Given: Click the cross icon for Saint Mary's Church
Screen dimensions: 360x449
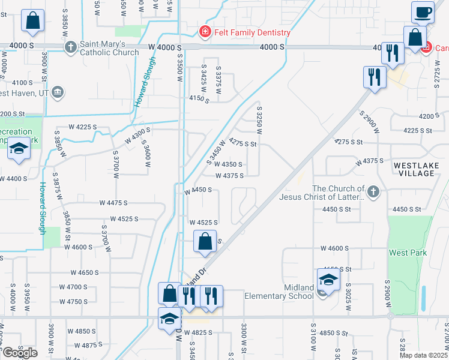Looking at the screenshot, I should click(x=70, y=46).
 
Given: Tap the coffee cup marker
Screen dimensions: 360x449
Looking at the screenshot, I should click(x=423, y=12).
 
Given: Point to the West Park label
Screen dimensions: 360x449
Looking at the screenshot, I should click(x=408, y=253).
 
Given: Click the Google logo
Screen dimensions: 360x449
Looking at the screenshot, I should click(x=20, y=352).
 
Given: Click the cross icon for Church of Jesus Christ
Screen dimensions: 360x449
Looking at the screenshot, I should click(x=373, y=192).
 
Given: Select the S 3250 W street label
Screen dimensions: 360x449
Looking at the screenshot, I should click(x=260, y=121).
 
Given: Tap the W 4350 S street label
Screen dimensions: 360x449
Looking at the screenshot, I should click(x=228, y=164).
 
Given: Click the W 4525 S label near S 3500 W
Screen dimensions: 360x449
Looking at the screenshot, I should click(x=203, y=222).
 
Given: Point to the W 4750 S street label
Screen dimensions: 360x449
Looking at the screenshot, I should click(x=74, y=301).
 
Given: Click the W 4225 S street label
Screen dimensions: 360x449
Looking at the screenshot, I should click(x=83, y=127).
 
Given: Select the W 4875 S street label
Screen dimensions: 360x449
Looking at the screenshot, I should click(x=82, y=345).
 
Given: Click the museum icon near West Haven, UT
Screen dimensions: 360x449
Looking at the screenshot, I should click(x=58, y=92).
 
